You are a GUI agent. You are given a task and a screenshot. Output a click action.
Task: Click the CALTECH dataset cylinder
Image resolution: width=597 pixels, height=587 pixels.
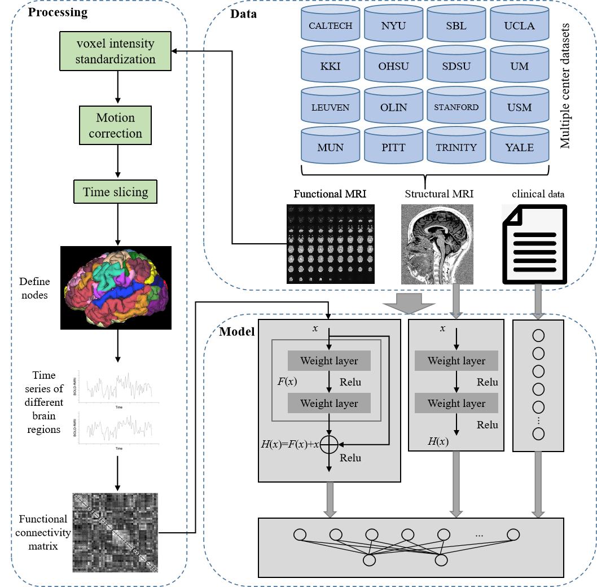tap(330, 25)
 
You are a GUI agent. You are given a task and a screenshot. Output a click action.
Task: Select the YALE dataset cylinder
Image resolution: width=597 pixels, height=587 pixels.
tap(519, 147)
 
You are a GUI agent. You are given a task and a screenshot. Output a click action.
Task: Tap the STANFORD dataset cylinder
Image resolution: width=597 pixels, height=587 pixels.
tap(456, 107)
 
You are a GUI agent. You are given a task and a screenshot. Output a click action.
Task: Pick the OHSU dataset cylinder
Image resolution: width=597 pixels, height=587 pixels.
tap(393, 66)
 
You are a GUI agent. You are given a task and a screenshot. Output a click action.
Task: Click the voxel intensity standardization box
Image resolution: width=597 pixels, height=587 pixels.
tap(116, 51)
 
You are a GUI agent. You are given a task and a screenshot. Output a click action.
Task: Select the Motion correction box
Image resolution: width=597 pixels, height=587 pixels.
tap(116, 125)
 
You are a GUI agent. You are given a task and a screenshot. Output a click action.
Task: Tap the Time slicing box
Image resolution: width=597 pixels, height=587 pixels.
tap(116, 192)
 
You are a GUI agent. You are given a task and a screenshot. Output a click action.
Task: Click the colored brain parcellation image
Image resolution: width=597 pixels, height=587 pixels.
tap(116, 287)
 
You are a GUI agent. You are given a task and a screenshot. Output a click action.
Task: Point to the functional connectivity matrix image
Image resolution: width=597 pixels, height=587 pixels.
tap(115, 533)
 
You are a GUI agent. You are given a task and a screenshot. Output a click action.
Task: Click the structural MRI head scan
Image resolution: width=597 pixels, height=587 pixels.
tap(437, 244)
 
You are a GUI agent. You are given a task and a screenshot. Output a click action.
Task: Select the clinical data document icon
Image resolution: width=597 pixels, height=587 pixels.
tap(534, 244)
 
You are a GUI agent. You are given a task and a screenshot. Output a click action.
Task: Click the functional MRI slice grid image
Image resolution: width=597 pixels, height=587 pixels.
tap(330, 244)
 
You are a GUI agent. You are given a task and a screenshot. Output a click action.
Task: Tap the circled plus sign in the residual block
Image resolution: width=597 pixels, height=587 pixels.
tap(330, 444)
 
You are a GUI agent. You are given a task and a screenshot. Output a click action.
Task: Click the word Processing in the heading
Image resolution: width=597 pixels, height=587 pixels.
tap(58, 12)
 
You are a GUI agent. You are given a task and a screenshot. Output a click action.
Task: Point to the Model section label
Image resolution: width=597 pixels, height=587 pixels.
tap(237, 331)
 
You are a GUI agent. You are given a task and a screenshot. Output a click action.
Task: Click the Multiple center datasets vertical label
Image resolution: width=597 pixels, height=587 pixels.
tap(565, 86)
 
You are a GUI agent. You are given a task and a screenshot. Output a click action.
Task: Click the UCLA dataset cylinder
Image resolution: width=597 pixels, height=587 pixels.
tap(519, 25)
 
